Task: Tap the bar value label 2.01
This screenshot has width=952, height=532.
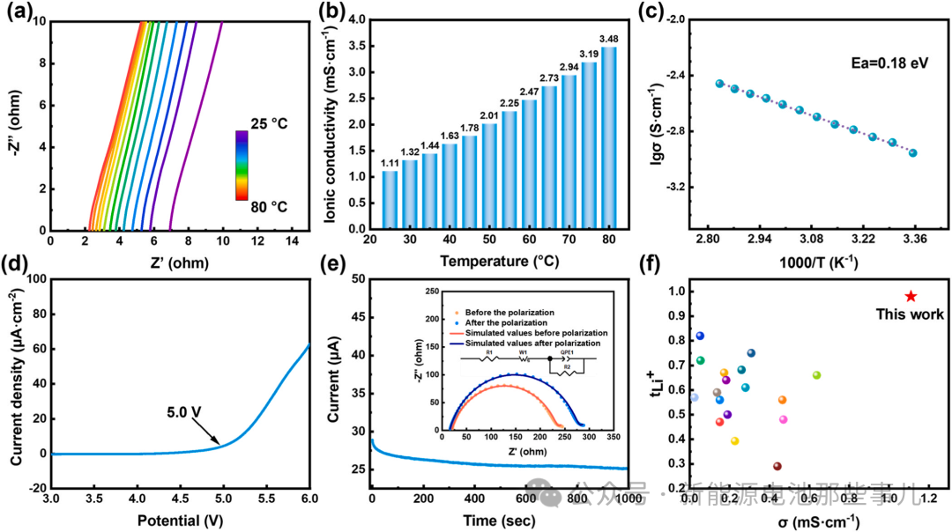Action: [x=488, y=115]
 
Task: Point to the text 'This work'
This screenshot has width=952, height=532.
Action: [x=910, y=314]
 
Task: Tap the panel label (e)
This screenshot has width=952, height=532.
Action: [x=341, y=264]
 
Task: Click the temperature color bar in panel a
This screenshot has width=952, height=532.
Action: [x=241, y=165]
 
